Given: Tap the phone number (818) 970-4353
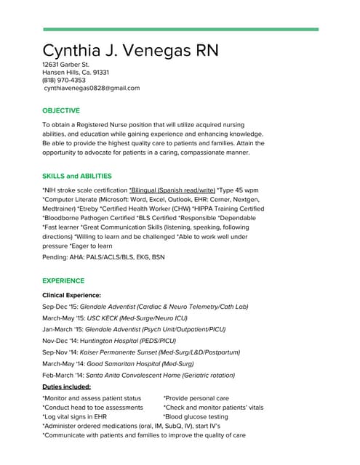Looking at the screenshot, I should point(64,81).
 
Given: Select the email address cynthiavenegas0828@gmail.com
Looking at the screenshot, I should point(92,89).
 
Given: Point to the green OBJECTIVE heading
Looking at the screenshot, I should point(61,111).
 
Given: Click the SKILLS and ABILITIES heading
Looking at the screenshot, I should point(77,177).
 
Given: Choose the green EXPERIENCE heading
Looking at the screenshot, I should point(63,280).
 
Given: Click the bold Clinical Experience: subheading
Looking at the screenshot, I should point(71,296).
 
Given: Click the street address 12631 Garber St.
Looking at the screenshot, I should point(66,65).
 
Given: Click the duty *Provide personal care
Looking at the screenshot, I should point(196,398).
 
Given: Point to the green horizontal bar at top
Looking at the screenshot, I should point(180,29).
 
